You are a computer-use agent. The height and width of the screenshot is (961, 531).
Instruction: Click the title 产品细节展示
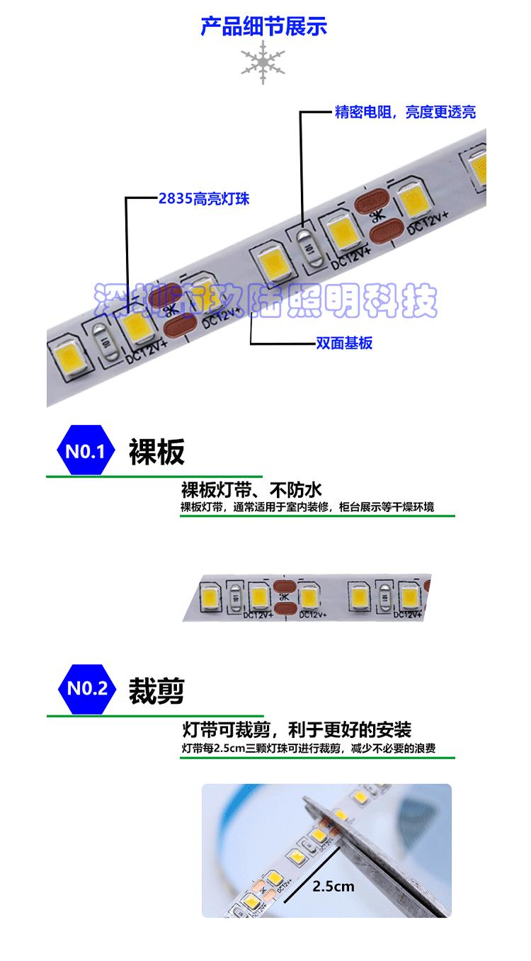tap(263, 28)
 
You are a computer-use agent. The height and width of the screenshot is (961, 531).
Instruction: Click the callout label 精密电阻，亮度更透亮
tap(405, 112)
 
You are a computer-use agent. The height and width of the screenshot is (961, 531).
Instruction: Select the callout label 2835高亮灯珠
tap(204, 199)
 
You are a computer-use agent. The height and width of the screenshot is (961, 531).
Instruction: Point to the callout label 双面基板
tap(343, 343)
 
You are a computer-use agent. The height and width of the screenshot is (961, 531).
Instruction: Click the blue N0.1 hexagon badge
tap(85, 451)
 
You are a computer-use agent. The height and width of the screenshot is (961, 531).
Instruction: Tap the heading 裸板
tap(156, 452)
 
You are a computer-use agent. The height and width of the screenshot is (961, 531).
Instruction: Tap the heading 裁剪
tap(156, 690)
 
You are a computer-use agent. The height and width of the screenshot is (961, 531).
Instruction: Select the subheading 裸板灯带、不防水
tap(251, 490)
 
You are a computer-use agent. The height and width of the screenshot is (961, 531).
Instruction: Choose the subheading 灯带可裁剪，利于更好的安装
tap(296, 729)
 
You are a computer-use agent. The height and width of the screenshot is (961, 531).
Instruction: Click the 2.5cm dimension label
tap(333, 886)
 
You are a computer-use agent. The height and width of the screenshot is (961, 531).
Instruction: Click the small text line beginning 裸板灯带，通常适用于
tap(307, 507)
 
